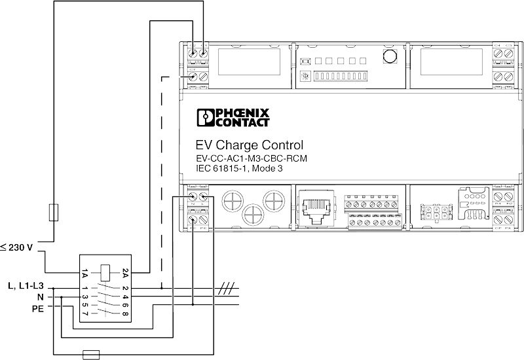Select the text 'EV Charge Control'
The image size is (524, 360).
pos(249,145)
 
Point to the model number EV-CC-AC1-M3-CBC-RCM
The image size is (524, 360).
pos(252,158)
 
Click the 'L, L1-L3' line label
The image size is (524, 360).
pos(24,287)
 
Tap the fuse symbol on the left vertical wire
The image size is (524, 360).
pos(55,212)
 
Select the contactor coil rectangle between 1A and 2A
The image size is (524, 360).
pos(105,268)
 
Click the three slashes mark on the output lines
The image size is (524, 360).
pos(226,287)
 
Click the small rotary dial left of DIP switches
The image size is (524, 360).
pos(305,77)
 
